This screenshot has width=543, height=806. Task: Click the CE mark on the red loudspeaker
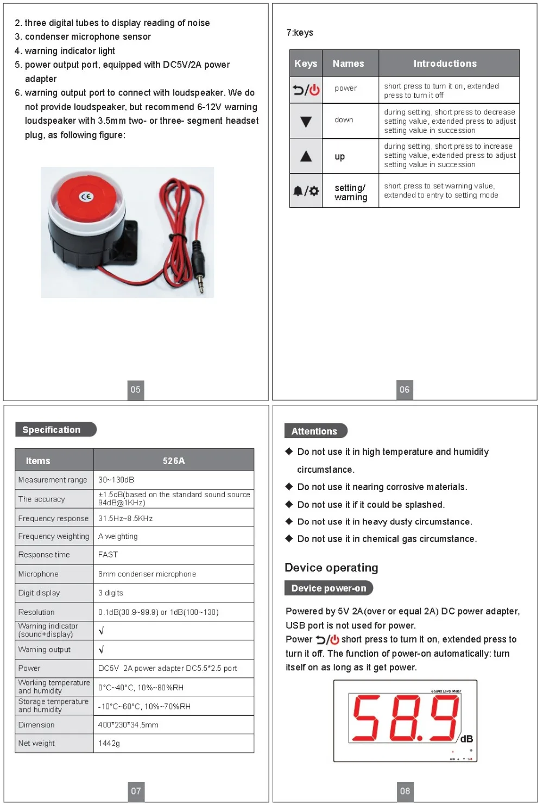(x=86, y=196)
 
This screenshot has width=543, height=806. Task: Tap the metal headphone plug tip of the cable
(x=201, y=283)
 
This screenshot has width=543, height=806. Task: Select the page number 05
(x=136, y=389)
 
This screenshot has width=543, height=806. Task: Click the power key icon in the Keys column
(x=306, y=90)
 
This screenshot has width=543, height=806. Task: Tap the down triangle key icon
(x=306, y=122)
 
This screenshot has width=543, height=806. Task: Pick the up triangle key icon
(x=306, y=156)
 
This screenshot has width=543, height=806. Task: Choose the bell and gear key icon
(x=306, y=191)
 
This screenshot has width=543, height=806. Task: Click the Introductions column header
(x=445, y=64)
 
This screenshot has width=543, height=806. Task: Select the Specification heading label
(x=52, y=430)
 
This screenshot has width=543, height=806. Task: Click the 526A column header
(x=174, y=461)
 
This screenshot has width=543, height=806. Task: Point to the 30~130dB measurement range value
(x=116, y=480)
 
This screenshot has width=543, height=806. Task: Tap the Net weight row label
(x=36, y=743)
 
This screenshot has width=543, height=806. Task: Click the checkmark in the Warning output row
(x=102, y=649)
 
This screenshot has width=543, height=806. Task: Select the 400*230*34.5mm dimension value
(x=128, y=725)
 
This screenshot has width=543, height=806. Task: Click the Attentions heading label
(x=314, y=431)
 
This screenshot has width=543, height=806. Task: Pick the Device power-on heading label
(x=329, y=588)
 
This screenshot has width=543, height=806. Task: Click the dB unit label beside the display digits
(x=466, y=739)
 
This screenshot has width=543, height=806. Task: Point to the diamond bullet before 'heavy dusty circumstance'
(x=289, y=522)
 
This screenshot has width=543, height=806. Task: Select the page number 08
(x=405, y=791)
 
